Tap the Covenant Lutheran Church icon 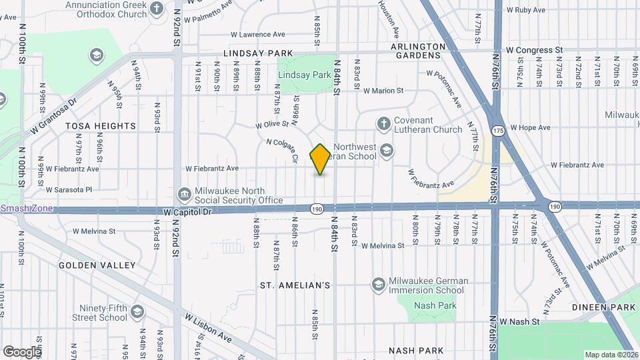point(383,123)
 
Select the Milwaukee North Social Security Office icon point(184,194)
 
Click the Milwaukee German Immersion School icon point(379,285)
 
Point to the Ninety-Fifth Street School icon point(137,312)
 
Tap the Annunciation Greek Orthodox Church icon point(157,9)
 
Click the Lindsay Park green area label point(304,75)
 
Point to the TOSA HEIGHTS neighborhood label point(101,125)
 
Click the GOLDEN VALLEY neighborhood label point(97,265)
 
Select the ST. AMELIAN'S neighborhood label point(295,285)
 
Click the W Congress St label point(534,49)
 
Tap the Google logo point(23,351)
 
